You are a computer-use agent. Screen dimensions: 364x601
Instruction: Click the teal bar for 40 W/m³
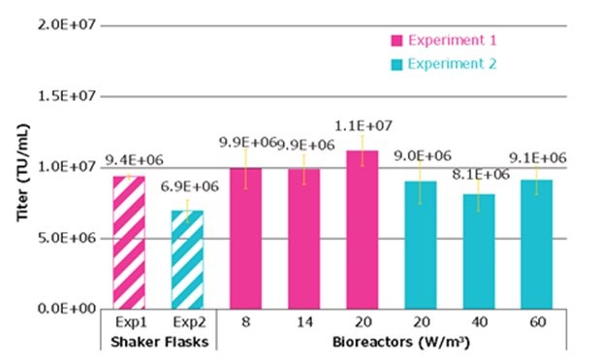477,251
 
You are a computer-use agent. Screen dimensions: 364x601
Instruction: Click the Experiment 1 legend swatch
397,40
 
